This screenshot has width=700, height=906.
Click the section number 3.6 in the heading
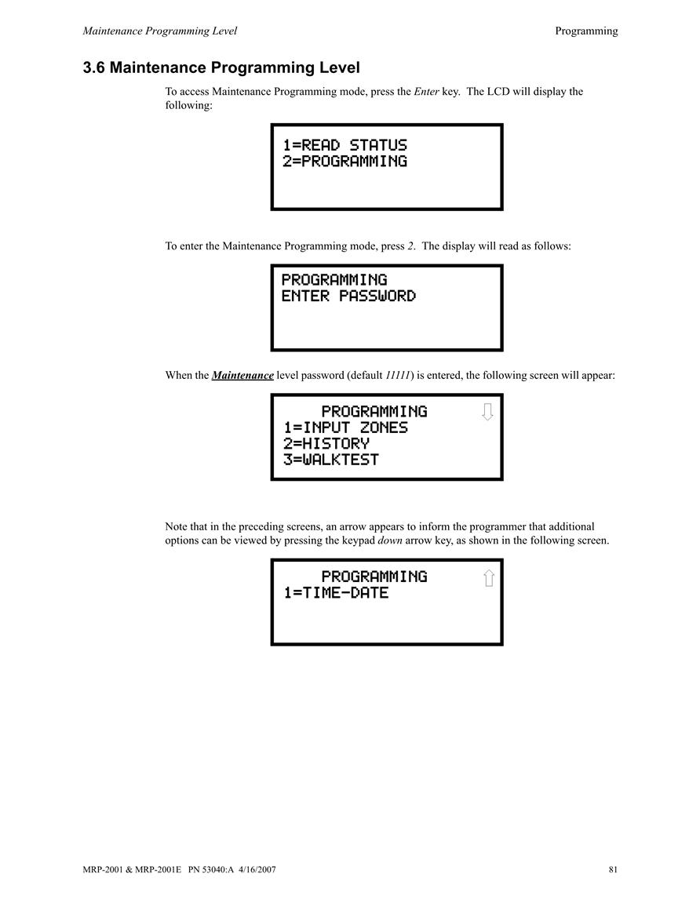coord(93,68)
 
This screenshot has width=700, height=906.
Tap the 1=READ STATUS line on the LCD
coord(345,145)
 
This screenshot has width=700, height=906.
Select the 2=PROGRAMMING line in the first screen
coord(345,162)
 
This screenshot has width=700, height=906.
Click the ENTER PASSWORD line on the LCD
coord(348,296)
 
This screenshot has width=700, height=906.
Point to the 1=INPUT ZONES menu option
coord(345,428)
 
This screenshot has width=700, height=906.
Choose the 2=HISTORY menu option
coord(326,444)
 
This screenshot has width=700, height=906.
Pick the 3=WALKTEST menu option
coord(330,460)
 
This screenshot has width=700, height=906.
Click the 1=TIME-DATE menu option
coord(336,593)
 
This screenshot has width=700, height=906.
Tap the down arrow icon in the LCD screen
coord(487,412)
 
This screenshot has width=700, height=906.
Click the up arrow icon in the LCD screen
coord(489,578)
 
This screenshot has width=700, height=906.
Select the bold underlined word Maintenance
coord(242,376)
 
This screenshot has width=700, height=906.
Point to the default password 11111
coord(398,376)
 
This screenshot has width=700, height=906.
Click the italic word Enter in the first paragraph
coord(427,91)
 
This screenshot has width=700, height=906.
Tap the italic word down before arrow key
coord(389,540)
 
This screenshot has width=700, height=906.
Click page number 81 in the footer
coord(613,870)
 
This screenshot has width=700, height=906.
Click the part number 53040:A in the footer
coord(217,870)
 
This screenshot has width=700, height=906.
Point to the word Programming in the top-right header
coord(586,31)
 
